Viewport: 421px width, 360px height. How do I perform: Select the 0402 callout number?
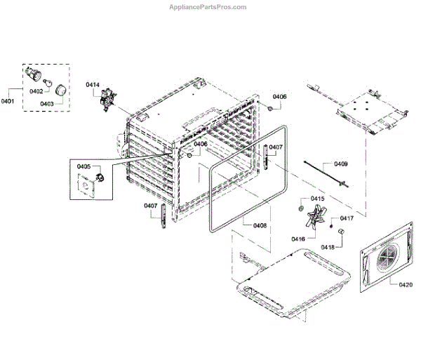(x=36, y=91)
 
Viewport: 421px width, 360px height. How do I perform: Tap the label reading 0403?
(x=47, y=103)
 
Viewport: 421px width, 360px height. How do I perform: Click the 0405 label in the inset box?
(x=83, y=166)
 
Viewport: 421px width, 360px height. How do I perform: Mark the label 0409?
(x=340, y=164)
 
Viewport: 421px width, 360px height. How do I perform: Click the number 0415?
(x=318, y=199)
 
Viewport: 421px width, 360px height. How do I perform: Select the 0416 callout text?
(x=298, y=239)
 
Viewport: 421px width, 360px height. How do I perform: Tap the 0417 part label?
(x=347, y=218)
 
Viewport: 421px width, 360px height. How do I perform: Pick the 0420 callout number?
(x=406, y=284)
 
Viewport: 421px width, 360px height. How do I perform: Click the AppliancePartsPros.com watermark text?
(x=208, y=7)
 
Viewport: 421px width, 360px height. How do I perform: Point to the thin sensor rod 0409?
(x=323, y=173)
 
